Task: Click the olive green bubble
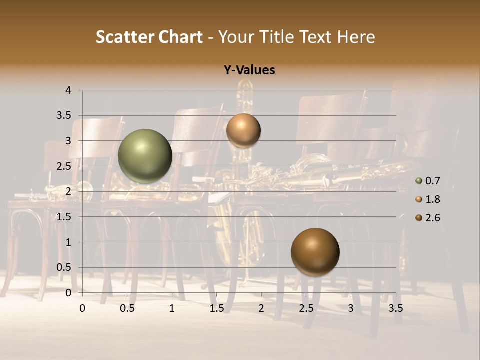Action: (145, 156)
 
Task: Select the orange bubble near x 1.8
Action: (243, 131)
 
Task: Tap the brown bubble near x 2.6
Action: (315, 252)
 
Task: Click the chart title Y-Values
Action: (249, 70)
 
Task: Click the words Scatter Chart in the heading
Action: (149, 37)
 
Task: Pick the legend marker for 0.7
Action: (419, 181)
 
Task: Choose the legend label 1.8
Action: (433, 199)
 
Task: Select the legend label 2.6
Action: (433, 218)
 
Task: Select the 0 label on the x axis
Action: (82, 308)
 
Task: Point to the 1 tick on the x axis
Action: (172, 308)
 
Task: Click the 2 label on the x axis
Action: (261, 308)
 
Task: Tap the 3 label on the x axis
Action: (351, 308)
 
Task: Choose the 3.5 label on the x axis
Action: (395, 308)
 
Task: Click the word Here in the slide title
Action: (355, 37)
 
